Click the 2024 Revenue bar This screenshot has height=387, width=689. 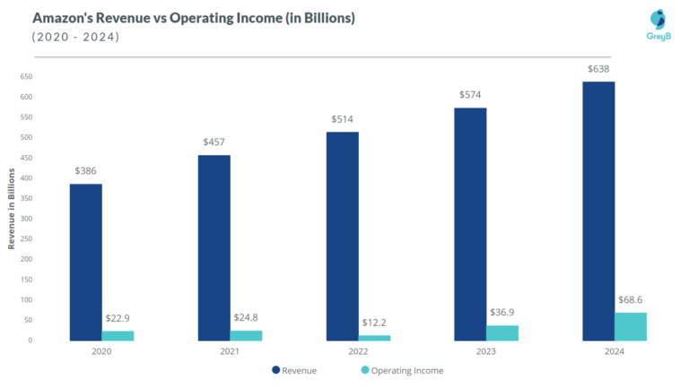coord(598,211)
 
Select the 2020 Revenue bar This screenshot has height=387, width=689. coord(85,262)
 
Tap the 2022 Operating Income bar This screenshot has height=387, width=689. coord(374,338)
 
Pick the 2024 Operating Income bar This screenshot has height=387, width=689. coord(631,326)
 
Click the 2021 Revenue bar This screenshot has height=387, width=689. coord(214,247)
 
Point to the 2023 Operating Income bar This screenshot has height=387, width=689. coord(502,332)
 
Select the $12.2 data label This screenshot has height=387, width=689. coord(374,322)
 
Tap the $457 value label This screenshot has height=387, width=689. coord(214,142)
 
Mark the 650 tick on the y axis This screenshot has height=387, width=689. coord(26,76)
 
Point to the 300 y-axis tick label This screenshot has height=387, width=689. coord(26,219)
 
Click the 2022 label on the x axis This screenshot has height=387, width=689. coord(358,353)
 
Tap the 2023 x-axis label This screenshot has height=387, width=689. coord(486,353)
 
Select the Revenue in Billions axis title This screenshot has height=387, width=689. coord(12,208)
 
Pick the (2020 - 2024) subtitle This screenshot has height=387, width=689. coord(75,37)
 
